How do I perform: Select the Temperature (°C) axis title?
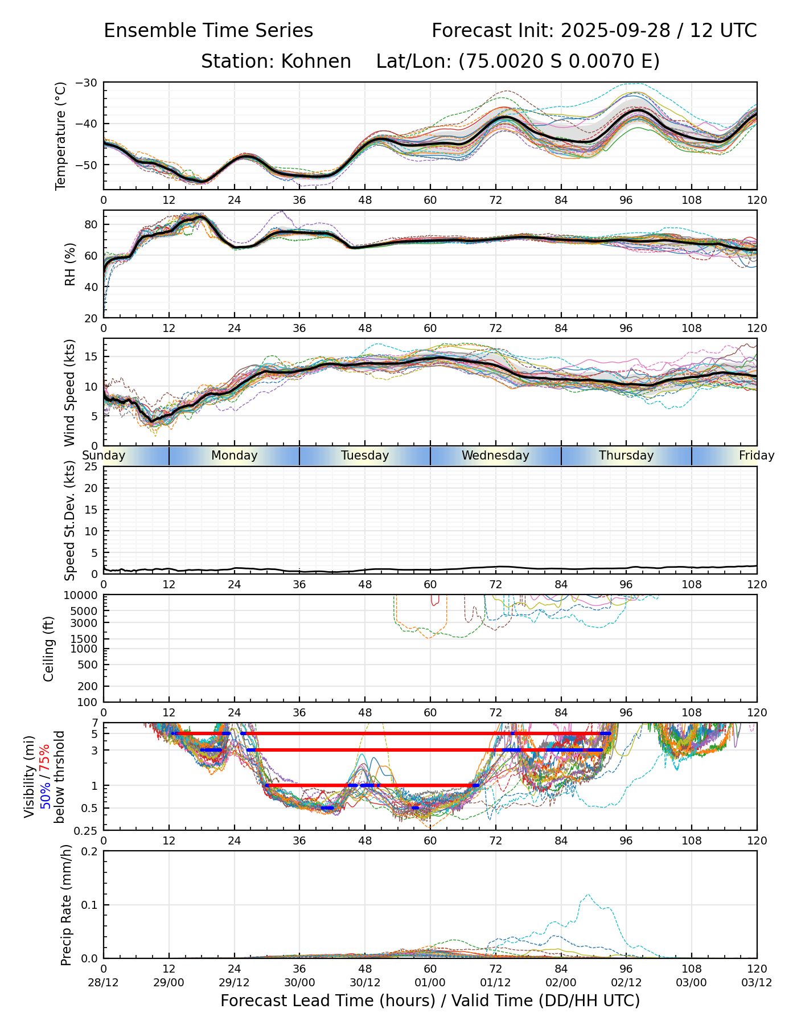click(x=61, y=136)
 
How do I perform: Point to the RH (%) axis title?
click(x=70, y=264)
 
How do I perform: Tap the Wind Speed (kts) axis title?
click(x=70, y=392)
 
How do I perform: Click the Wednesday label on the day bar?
click(x=495, y=456)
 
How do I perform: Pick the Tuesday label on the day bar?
click(x=365, y=456)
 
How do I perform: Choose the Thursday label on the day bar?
click(x=626, y=456)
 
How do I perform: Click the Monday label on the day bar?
click(x=235, y=456)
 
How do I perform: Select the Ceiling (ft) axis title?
click(x=50, y=649)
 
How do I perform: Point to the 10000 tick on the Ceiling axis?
click(x=83, y=596)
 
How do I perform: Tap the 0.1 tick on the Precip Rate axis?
click(x=89, y=905)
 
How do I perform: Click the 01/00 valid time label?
click(x=430, y=982)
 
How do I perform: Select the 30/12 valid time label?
click(x=365, y=982)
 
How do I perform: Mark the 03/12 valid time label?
click(x=757, y=982)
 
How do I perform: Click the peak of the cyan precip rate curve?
click(x=588, y=894)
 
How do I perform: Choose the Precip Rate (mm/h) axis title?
click(x=67, y=905)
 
